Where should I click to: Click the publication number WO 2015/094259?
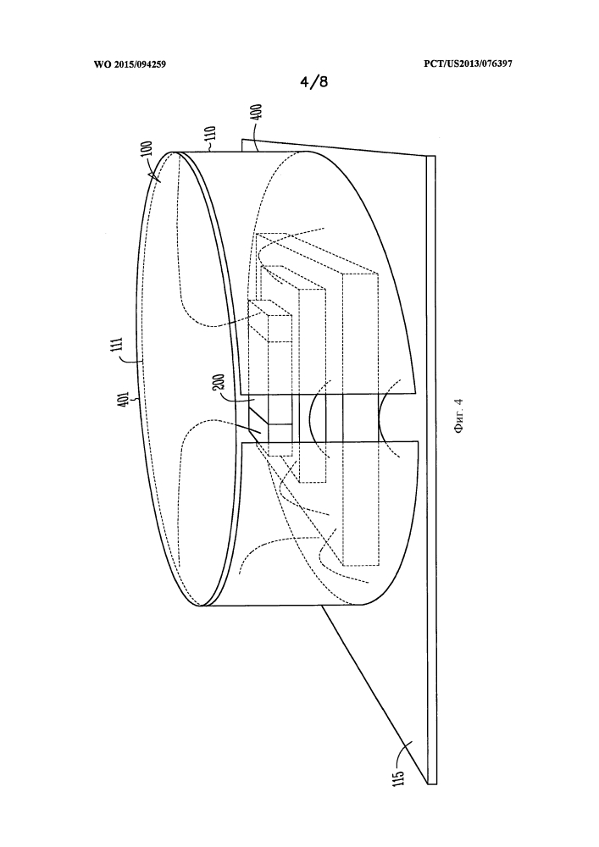click(130, 64)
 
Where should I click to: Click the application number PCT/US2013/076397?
click(469, 64)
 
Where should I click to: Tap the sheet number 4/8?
click(314, 81)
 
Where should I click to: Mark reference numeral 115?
click(399, 778)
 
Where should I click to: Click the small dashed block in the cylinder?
click(269, 321)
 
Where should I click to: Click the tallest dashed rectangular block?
click(363, 419)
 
